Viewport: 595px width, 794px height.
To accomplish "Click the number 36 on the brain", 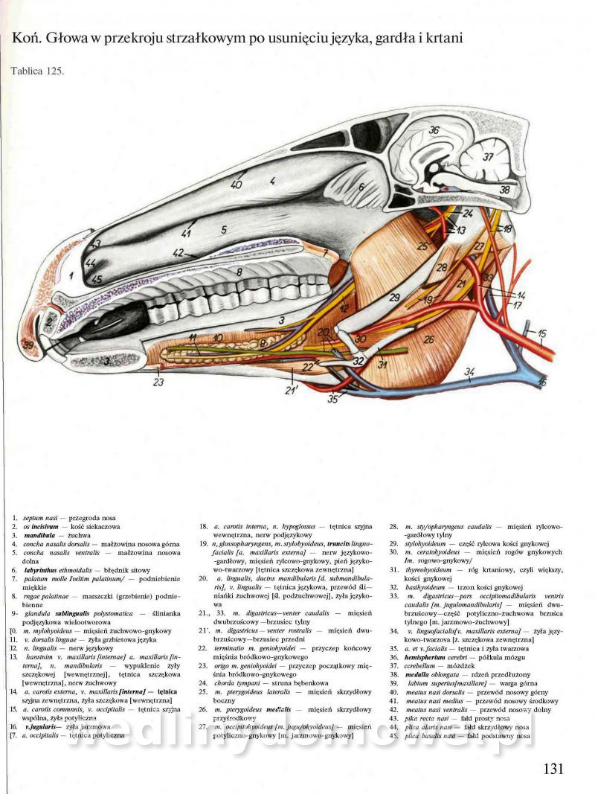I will tap(434, 130).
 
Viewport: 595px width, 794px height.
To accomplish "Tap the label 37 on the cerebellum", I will tap(488, 157).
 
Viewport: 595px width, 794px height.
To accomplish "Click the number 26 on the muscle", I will tap(428, 339).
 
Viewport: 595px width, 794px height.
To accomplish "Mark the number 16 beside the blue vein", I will tap(542, 382).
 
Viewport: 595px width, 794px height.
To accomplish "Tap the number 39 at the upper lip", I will tap(29, 345).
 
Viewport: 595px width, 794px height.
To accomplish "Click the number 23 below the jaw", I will tap(158, 382).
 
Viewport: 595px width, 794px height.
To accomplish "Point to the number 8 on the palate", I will tap(239, 272).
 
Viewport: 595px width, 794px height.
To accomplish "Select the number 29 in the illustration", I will tap(394, 298).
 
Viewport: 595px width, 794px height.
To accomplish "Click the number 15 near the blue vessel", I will tap(542, 333).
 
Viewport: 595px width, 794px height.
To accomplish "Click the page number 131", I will tap(555, 769).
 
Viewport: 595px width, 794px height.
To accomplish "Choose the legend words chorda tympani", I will tap(234, 682).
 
